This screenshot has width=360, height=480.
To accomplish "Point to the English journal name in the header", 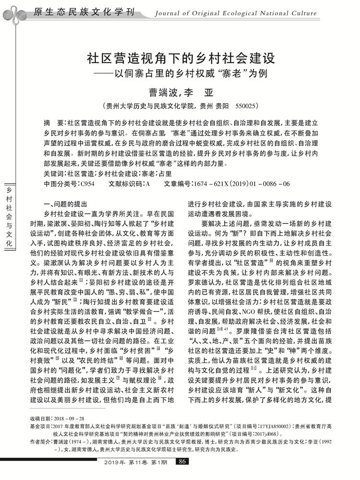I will (x=249, y=12).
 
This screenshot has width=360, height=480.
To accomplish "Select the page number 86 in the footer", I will (x=181, y=462).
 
